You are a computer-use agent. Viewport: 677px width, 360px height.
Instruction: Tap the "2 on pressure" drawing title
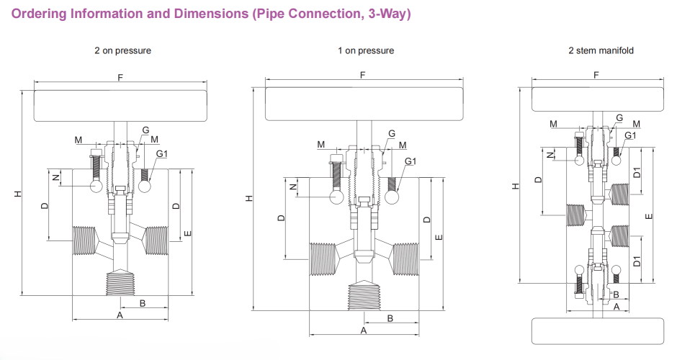point(122,50)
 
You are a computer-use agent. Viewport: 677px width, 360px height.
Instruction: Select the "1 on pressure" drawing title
point(366,50)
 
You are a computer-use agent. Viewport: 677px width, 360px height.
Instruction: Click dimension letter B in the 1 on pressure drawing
point(390,318)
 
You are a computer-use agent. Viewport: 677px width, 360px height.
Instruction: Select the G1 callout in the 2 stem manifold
point(630,135)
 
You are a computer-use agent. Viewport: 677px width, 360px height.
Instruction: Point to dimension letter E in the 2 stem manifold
point(648,216)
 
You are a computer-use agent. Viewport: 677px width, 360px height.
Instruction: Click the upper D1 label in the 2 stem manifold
point(637,173)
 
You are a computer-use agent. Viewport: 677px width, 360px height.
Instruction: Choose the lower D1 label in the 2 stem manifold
point(637,261)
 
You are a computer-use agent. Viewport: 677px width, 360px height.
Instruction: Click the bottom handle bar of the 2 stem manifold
point(596,331)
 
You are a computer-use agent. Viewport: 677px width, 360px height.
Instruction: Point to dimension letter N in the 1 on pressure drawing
point(292,186)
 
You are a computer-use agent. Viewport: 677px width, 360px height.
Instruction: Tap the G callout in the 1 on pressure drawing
point(392,134)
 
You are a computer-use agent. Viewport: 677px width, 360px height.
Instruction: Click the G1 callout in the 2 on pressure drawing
point(162,153)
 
